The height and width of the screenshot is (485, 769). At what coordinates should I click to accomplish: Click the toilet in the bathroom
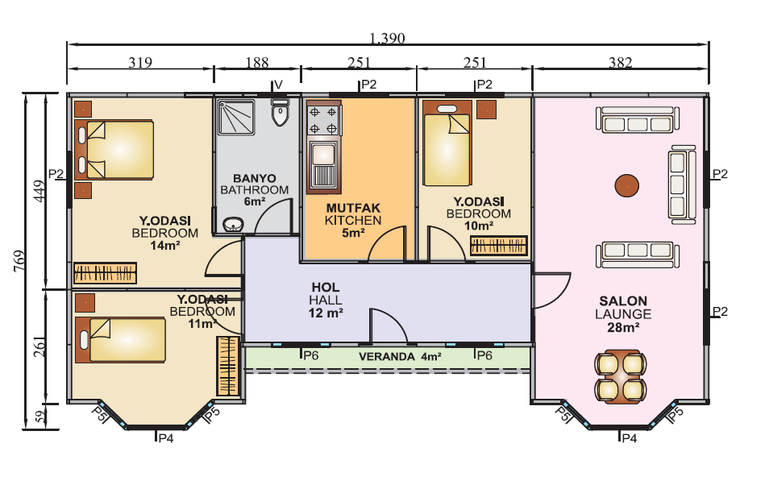tap(280, 112)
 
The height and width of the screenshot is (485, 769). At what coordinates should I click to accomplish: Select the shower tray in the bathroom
tap(236, 117)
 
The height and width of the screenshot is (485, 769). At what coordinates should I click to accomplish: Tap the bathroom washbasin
tap(234, 224)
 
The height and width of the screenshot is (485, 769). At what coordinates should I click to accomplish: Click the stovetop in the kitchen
tap(323, 120)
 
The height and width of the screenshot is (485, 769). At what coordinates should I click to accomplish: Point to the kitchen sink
tap(323, 165)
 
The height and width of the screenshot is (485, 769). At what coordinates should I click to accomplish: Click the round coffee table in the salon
tap(627, 186)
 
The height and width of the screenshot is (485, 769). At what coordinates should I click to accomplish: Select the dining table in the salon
tap(621, 376)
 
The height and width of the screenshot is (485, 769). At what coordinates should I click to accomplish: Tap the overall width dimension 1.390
tap(388, 38)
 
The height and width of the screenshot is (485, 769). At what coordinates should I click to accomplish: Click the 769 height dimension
tap(19, 261)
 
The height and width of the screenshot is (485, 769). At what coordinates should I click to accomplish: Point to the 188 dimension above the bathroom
tap(257, 62)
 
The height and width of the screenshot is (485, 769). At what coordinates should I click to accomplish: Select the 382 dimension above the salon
tap(621, 62)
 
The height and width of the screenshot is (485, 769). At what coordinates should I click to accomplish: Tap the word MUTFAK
tap(353, 208)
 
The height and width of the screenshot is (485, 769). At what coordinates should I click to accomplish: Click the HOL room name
tap(326, 288)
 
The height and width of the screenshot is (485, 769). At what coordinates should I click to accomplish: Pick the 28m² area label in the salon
tap(623, 327)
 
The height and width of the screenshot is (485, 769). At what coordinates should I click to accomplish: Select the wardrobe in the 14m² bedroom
tap(105, 273)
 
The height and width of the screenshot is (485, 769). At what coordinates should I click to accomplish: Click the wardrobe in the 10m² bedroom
tap(499, 246)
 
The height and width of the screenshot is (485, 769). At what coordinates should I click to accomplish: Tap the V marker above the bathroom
tap(278, 85)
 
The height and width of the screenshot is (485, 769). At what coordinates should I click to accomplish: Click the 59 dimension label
tap(40, 417)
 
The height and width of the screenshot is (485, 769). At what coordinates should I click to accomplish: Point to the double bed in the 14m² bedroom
tap(114, 150)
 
